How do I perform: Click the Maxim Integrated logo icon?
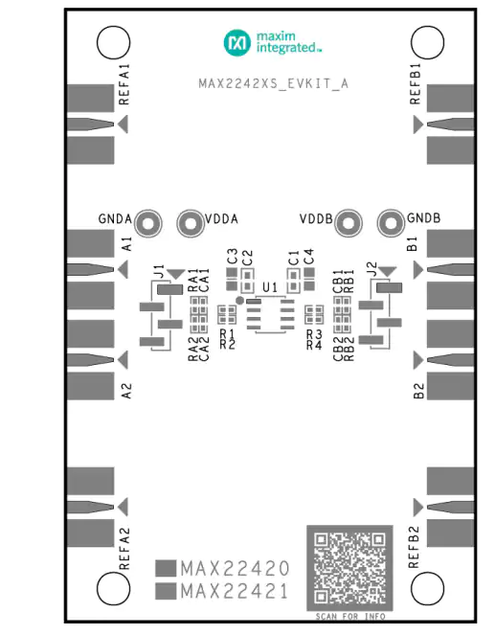(x=236, y=42)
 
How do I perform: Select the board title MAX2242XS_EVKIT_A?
(x=273, y=83)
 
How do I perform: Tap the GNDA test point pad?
(x=148, y=223)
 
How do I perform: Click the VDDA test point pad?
(x=191, y=223)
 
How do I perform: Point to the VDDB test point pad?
(x=349, y=223)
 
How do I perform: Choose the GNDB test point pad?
(x=391, y=223)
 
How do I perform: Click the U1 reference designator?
(x=270, y=287)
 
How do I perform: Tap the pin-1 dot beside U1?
(x=239, y=300)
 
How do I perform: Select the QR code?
(x=349, y=568)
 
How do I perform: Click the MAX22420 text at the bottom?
(x=235, y=569)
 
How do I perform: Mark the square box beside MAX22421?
(x=166, y=591)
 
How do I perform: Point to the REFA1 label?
(x=124, y=84)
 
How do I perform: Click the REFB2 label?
(x=414, y=547)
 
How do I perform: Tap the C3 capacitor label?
(x=232, y=257)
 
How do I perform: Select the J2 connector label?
(x=371, y=268)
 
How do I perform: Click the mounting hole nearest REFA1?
(x=114, y=42)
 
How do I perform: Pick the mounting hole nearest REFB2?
(x=427, y=588)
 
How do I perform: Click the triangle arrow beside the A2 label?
(x=124, y=359)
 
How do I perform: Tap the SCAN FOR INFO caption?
(x=350, y=617)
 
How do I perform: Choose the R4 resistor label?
(x=314, y=345)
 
